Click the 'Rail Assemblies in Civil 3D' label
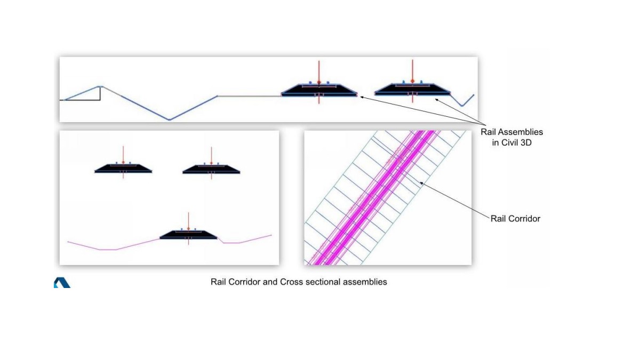coord(511,137)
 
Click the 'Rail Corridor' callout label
coord(515,218)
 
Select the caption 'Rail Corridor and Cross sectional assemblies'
coord(299,282)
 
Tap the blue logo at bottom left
coord(61,283)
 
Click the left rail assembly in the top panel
coord(319,90)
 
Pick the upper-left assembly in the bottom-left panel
coord(123,169)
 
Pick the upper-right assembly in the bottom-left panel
coord(211,169)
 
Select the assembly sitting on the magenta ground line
coord(188,235)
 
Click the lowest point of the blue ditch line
coord(170,119)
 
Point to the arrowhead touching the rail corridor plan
coord(422,183)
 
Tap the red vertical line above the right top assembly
coord(412,69)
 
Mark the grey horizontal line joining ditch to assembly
coord(249,96)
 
